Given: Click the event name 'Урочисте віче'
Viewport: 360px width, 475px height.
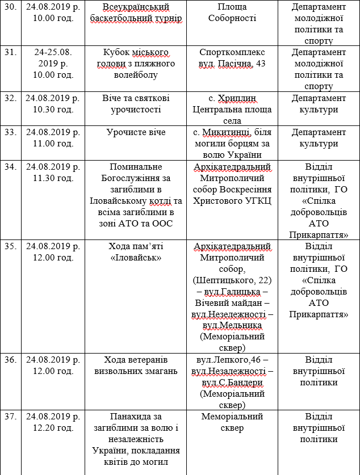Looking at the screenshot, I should coord(136,132).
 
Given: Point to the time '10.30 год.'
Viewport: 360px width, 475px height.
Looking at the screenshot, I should coord(53,109).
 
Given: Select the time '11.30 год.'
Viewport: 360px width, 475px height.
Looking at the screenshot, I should coord(53,178).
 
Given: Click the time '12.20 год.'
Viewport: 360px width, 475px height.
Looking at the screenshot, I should coord(53,428).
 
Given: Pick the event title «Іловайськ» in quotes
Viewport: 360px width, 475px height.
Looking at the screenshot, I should coord(136,257).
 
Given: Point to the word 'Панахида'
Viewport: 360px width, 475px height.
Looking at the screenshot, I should coord(136,417).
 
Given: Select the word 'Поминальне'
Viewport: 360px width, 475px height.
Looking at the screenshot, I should coord(136,167).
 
